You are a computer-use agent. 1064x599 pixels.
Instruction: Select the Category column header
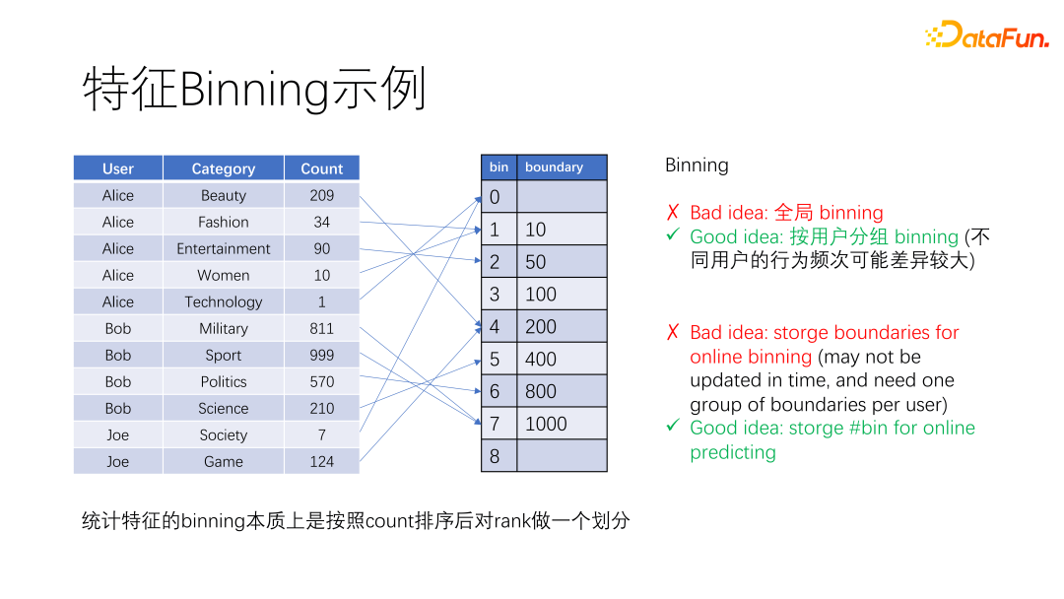coord(224,168)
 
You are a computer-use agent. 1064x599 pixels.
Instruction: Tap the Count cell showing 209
coord(321,195)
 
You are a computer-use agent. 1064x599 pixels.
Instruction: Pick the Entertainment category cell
coord(224,249)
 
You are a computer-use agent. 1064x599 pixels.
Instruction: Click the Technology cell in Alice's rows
coord(224,301)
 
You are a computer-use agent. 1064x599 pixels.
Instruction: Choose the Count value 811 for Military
coord(321,328)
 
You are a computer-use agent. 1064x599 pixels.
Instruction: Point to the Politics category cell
coord(224,382)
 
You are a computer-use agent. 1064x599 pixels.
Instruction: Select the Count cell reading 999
coord(321,356)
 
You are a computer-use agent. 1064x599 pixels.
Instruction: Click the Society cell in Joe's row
coord(224,434)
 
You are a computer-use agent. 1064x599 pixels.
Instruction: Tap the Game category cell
coord(224,461)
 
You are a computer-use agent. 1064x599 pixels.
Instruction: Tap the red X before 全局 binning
coord(673,213)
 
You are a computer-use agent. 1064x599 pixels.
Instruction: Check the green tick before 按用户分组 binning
coord(673,234)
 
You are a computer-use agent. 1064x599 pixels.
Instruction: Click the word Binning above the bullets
coord(697,166)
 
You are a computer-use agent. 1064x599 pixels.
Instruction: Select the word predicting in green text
coord(733,452)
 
